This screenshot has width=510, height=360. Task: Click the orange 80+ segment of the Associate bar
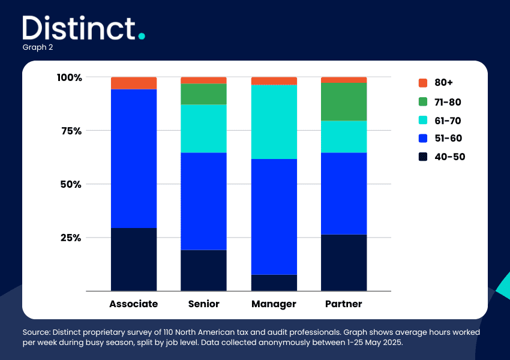click(134, 83)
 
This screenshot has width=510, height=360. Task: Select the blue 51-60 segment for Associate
click(134, 158)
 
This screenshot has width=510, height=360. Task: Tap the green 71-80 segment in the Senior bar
click(203, 94)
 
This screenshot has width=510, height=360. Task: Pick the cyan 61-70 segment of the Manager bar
click(274, 122)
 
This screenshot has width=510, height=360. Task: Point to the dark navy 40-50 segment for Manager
click(274, 283)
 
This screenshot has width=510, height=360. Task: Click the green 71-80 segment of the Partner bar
click(344, 102)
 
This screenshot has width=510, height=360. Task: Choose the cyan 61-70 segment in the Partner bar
click(344, 137)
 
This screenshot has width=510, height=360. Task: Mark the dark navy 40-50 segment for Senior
click(203, 270)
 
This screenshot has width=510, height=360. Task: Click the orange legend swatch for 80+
click(423, 83)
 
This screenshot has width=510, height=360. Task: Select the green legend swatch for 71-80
click(423, 102)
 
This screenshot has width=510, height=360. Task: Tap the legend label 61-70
click(448, 121)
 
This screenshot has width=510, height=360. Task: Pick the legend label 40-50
click(450, 157)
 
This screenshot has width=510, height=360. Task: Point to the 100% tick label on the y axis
click(69, 77)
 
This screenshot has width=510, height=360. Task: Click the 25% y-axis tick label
click(71, 238)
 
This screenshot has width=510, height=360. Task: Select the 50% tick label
click(71, 184)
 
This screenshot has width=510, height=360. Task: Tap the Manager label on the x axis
click(274, 304)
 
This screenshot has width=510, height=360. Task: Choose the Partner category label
click(343, 304)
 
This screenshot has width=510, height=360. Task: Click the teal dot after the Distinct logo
click(142, 36)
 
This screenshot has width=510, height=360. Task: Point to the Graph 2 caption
click(38, 47)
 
